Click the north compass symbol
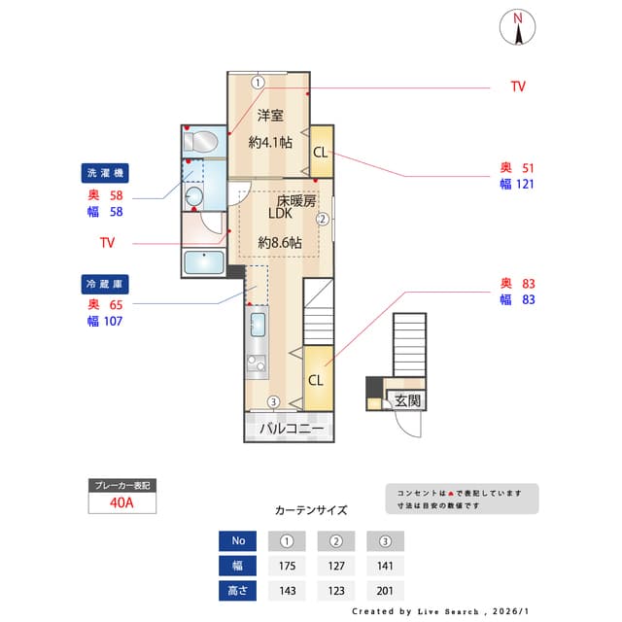[519, 27]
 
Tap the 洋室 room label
[270, 116]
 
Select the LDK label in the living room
[281, 217]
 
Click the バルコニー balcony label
[291, 427]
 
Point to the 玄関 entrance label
[408, 400]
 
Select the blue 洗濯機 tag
[105, 173]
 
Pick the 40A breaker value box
[121, 503]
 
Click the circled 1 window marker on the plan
[257, 83]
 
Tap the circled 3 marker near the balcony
[274, 401]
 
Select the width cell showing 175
[287, 566]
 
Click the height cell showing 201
[385, 590]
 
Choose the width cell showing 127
[336, 566]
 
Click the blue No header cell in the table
[238, 540]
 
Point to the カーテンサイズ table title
[310, 509]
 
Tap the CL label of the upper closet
[320, 153]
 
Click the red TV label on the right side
[518, 86]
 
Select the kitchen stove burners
[258, 365]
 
